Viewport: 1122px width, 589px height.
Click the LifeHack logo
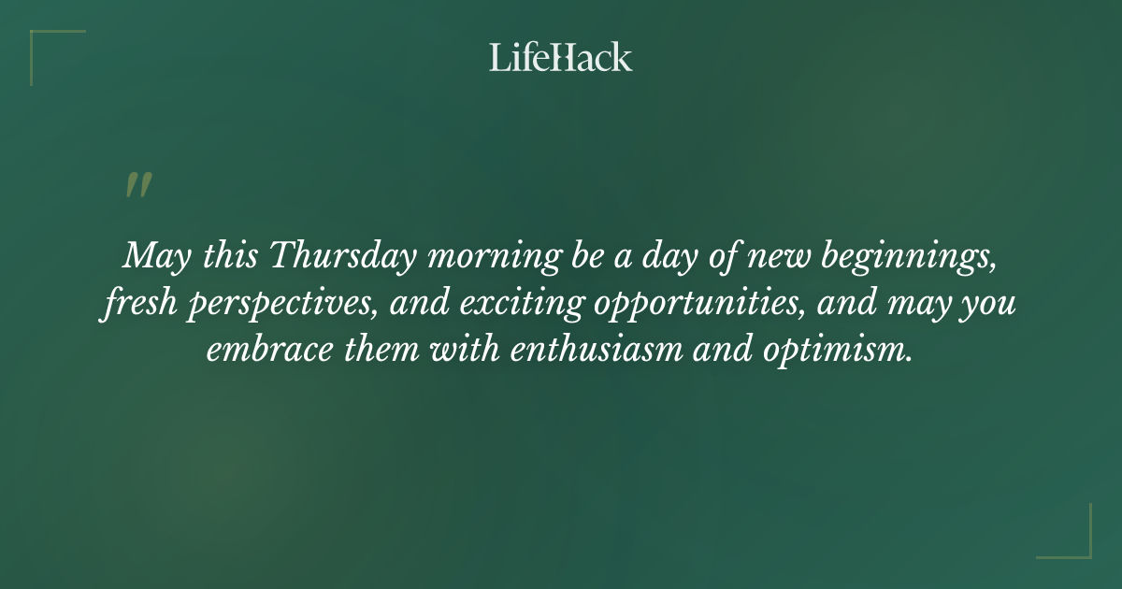pos(561,57)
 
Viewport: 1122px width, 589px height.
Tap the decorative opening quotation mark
pos(137,185)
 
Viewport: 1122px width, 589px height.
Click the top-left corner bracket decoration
pos(42,42)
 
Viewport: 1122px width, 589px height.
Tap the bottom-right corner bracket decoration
pos(1080,547)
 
